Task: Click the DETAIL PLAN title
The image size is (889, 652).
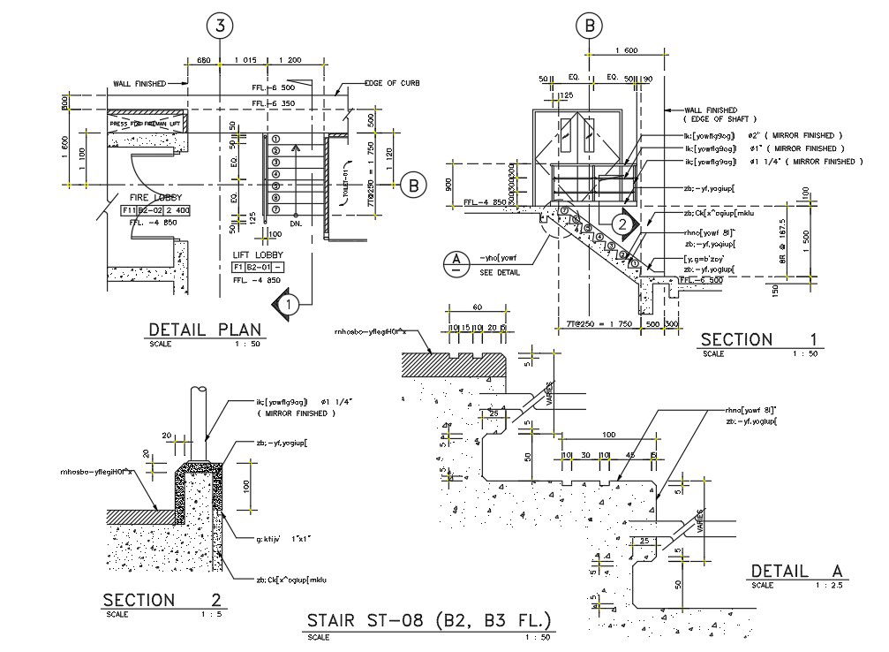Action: click(203, 330)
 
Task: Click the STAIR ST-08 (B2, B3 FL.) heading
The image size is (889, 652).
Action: click(428, 620)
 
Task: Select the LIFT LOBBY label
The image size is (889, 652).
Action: click(255, 254)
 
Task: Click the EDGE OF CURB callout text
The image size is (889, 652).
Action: click(391, 83)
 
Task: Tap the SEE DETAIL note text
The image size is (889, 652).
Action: click(500, 273)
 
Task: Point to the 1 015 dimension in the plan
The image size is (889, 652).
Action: click(246, 59)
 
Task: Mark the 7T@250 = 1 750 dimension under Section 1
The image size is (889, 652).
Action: click(594, 325)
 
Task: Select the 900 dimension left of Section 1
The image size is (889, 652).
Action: click(448, 185)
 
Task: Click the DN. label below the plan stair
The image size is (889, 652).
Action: click(297, 224)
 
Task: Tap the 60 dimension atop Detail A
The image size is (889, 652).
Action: click(477, 307)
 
